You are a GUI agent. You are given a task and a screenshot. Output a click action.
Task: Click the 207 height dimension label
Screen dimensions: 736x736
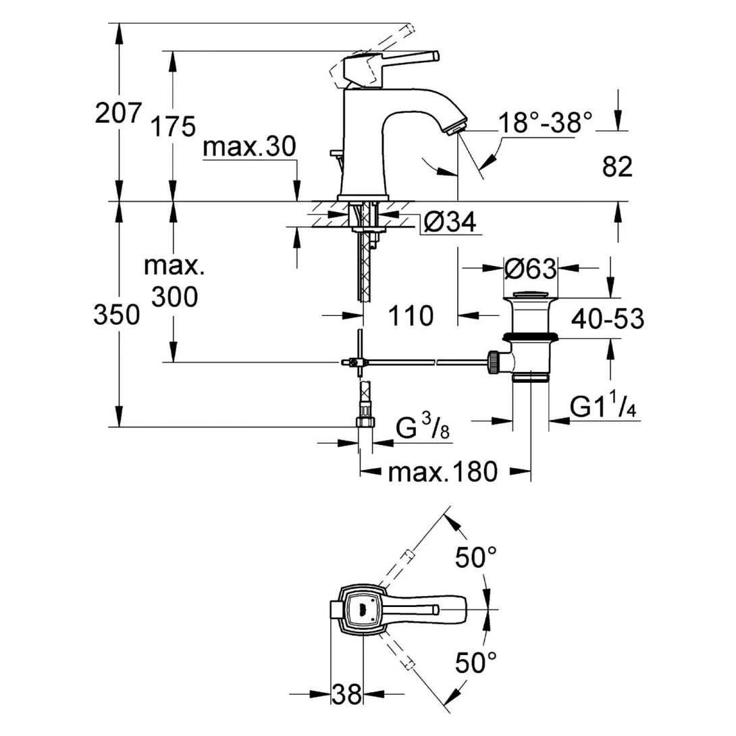pos(118,113)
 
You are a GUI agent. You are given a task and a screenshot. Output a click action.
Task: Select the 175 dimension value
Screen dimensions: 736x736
pos(174,126)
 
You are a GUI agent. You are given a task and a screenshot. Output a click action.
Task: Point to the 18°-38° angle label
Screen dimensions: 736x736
pos(545,122)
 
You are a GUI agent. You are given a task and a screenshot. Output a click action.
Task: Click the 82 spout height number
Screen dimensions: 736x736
pos(617,167)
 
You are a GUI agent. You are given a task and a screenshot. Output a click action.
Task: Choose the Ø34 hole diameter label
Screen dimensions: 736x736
pos(451,221)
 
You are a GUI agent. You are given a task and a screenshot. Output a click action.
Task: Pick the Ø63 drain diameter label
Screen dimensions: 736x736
pos(530,269)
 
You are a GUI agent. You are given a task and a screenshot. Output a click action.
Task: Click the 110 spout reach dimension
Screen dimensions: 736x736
pos(411,315)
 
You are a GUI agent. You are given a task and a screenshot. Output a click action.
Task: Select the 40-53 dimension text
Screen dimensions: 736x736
pos(607,319)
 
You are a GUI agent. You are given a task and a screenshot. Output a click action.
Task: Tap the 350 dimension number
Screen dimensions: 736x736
pos(117,315)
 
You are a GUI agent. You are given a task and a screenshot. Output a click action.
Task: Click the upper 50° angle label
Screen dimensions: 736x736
pos(475,558)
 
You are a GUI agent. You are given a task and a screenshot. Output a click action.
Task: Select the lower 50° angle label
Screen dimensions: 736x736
pos(475,662)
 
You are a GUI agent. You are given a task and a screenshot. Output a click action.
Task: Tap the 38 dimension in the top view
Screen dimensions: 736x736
pos(347,694)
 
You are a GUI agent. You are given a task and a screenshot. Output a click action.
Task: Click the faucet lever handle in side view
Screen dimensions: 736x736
pos(398,60)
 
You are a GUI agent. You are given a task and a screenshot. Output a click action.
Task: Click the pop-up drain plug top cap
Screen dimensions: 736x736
pos(531,294)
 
